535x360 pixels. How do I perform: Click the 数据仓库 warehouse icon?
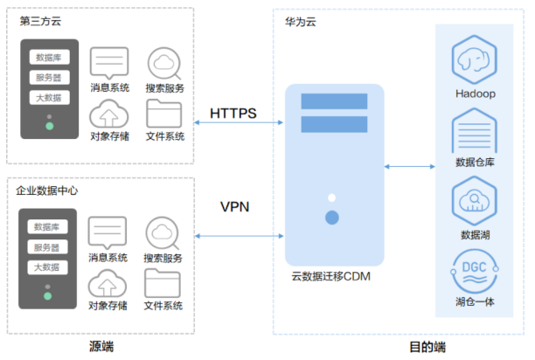(475, 129)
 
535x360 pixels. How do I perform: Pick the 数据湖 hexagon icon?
(475, 200)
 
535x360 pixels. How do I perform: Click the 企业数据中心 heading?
(48, 190)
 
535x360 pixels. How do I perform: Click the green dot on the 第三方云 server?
(50, 127)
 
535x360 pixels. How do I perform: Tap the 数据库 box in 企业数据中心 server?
(47, 227)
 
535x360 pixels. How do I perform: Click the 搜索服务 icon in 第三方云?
(163, 63)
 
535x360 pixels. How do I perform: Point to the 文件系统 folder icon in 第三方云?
(163, 114)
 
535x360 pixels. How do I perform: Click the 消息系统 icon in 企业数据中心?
(108, 233)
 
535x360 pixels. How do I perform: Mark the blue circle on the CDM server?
(331, 217)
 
